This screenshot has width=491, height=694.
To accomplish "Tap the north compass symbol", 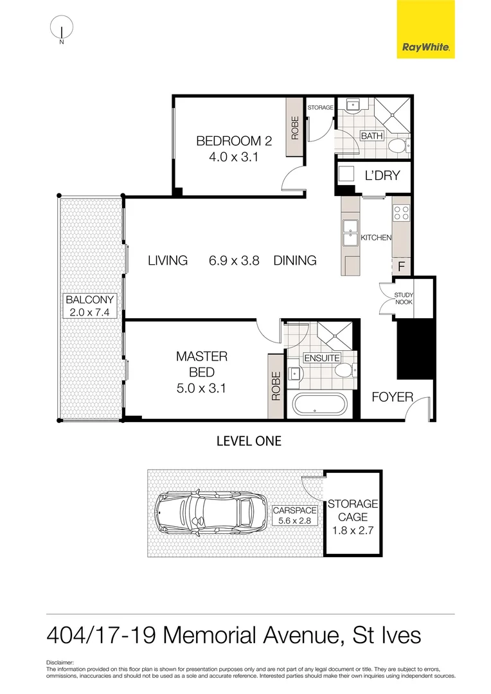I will point(62,28).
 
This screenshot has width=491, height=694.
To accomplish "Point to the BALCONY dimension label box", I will point(90,307).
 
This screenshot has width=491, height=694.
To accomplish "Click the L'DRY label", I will point(382,175).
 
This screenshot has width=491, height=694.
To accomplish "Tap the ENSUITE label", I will point(322,358).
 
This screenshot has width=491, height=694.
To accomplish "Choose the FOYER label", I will point(392,397).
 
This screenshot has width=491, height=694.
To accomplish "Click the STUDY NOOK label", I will point(404,298).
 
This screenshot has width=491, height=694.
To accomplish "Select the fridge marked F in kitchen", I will point(401,265).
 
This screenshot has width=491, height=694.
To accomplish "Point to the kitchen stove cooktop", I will point(401,213).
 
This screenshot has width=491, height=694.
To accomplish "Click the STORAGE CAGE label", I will point(353,518).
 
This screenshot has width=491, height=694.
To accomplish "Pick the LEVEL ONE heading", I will point(249,441).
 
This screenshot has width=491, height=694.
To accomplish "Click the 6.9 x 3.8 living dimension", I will point(233,260).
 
